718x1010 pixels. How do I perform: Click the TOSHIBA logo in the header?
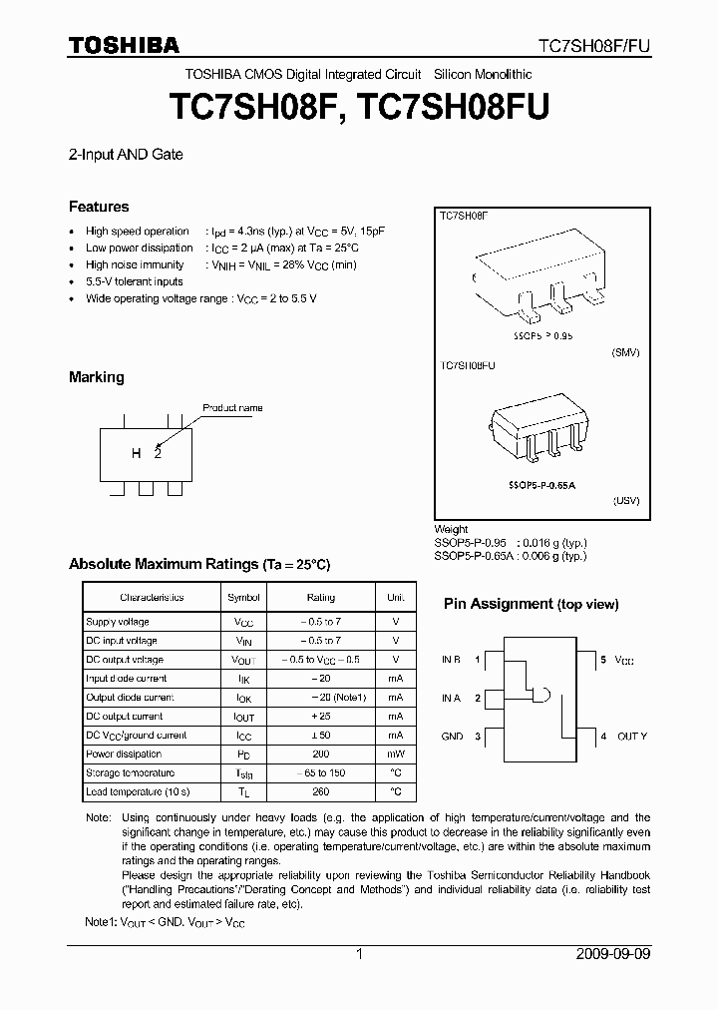click(x=124, y=45)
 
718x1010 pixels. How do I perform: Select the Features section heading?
click(x=99, y=207)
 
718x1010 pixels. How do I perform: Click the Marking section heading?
click(x=97, y=377)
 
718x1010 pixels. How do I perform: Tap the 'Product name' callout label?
click(x=232, y=408)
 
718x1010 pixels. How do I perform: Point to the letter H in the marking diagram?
click(x=136, y=454)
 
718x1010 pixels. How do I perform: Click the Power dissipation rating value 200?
click(x=320, y=754)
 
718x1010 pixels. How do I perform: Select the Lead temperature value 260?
click(x=320, y=791)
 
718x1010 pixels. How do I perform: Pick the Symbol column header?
click(x=244, y=597)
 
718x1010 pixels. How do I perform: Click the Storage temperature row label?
click(x=131, y=772)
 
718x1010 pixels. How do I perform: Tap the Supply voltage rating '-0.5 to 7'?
click(x=320, y=622)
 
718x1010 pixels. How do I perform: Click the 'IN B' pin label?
click(x=452, y=660)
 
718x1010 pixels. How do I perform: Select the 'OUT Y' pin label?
click(x=632, y=736)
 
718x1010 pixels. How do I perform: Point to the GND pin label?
click(x=452, y=736)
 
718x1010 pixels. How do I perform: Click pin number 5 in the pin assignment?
click(x=603, y=660)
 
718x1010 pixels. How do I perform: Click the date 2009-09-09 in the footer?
click(x=613, y=954)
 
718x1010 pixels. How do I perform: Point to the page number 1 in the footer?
click(x=359, y=954)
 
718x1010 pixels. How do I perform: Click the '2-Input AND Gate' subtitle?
click(x=126, y=155)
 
